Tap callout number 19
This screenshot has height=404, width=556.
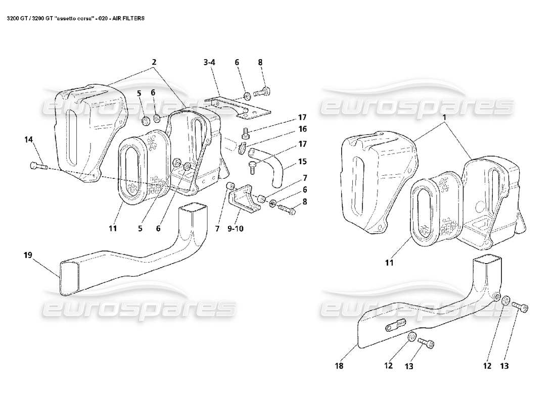pos(27,255)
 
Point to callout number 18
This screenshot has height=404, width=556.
pos(339,366)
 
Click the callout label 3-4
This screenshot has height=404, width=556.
pos(209,63)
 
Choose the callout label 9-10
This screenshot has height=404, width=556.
pos(236,228)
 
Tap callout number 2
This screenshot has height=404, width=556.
pos(154,62)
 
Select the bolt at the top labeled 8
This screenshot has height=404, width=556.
pos(263,92)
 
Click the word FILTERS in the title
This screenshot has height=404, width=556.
pos(132,18)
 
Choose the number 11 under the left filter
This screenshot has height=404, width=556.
pos(112,228)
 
